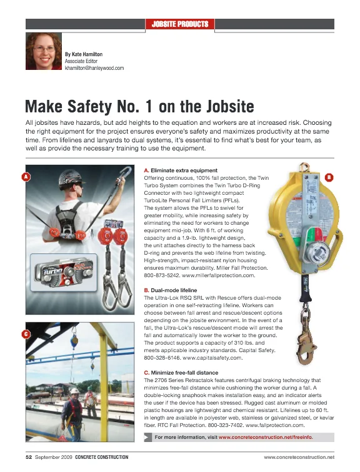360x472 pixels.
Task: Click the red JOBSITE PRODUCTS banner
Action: tap(180, 24)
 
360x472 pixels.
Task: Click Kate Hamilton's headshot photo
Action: tap(43, 51)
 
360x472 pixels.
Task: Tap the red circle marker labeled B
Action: tap(328, 177)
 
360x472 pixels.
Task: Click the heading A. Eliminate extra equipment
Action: tap(181, 170)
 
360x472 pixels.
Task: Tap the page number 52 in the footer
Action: tap(28, 458)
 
